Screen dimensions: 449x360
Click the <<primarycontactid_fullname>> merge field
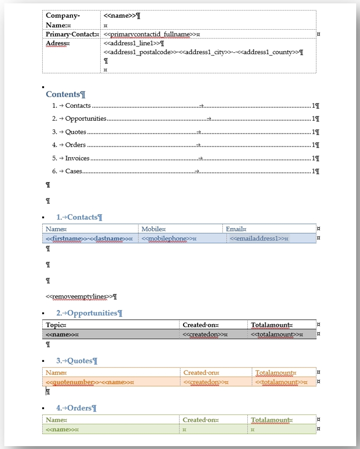click(151, 35)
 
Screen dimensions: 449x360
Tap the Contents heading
click(65, 94)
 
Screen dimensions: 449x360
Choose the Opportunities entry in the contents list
click(85, 119)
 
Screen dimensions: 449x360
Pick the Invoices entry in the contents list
click(77, 158)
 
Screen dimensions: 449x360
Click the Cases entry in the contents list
click(73, 171)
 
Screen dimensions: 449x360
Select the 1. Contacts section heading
click(79, 217)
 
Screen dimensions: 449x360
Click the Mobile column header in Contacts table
click(153, 229)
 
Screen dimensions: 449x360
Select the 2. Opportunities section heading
click(89, 313)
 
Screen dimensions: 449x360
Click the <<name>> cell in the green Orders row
click(61, 429)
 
